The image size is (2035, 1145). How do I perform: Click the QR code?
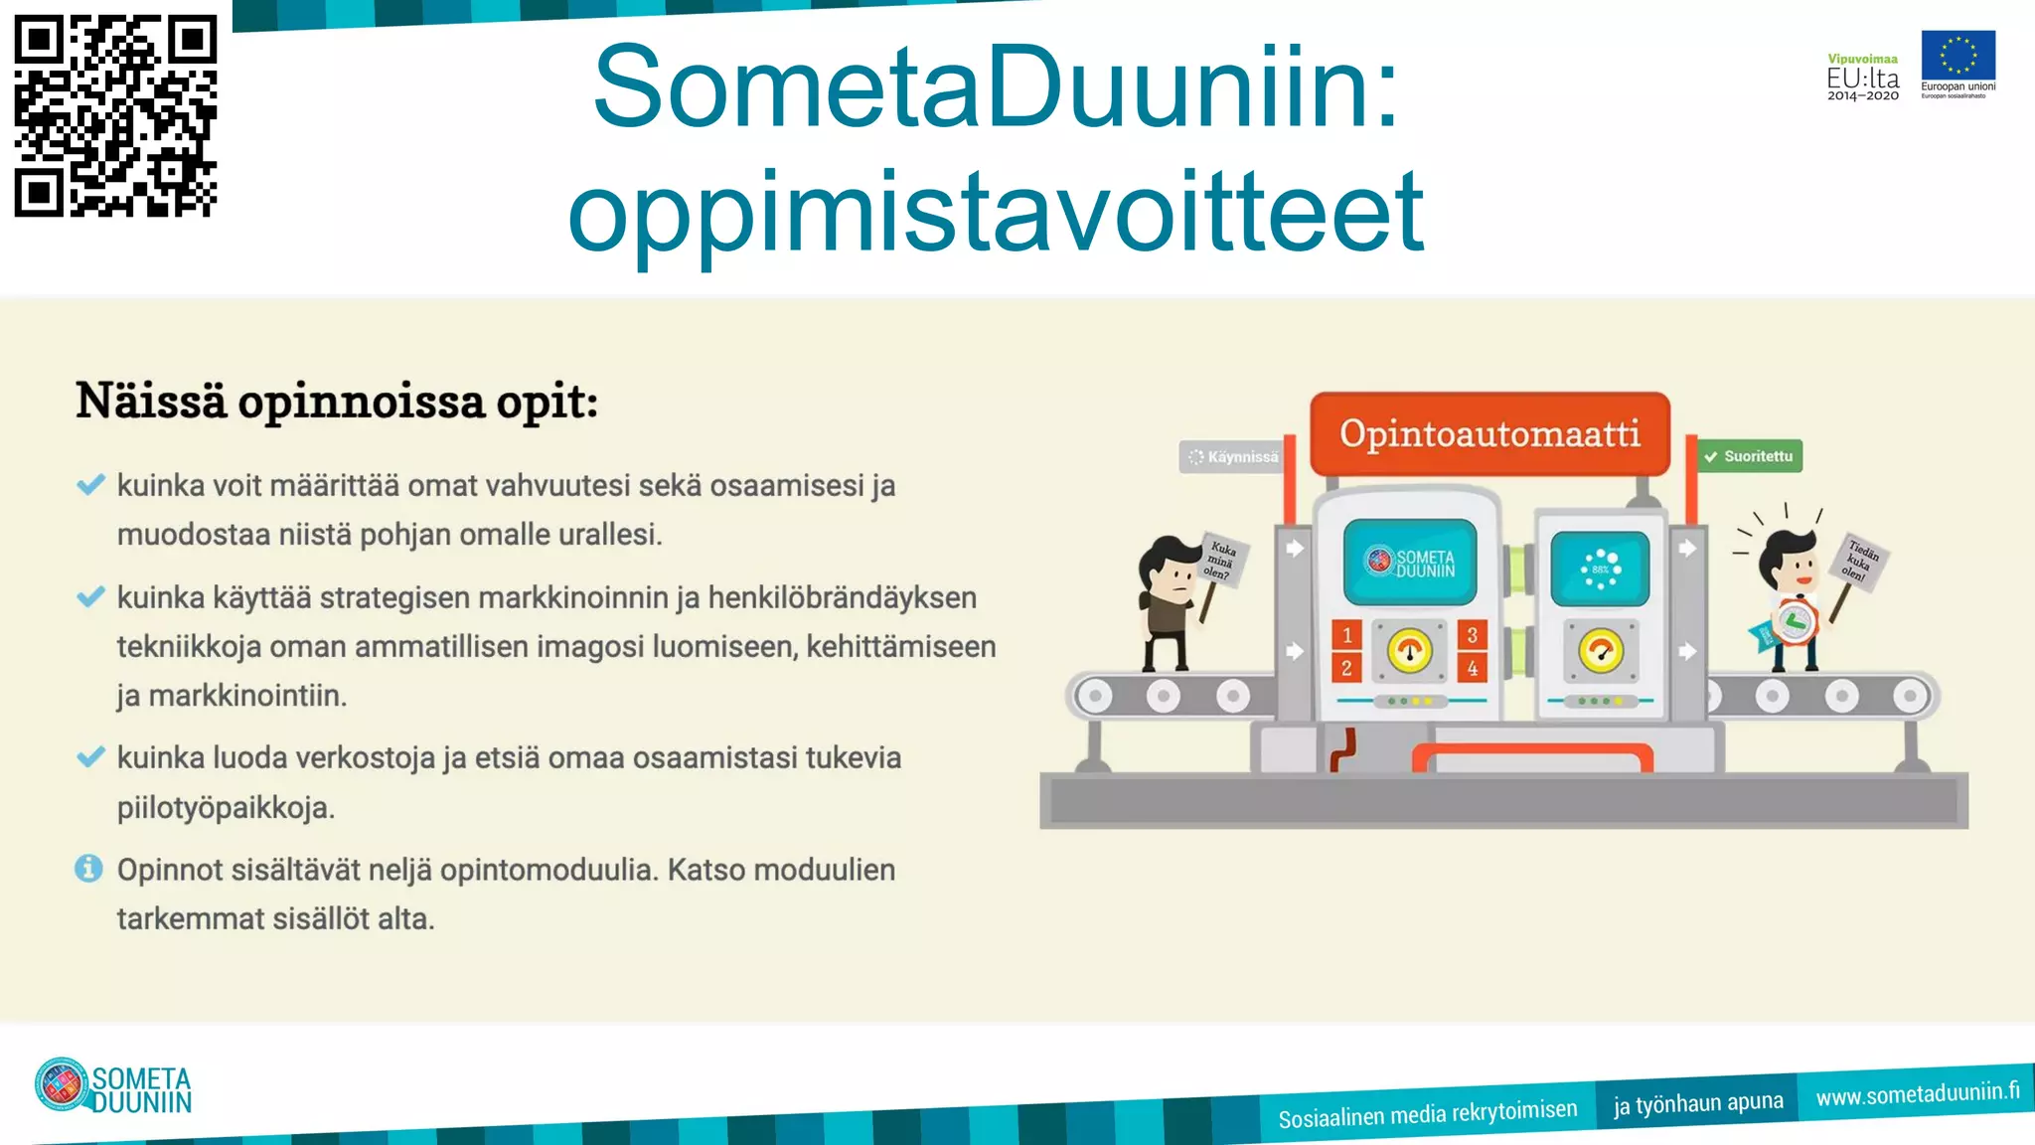click(115, 115)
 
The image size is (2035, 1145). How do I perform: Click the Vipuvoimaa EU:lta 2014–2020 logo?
click(1862, 78)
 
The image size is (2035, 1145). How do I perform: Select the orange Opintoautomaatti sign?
click(1489, 434)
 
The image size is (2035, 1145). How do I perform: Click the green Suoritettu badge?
click(1749, 456)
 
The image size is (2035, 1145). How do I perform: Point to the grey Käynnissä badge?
click(1233, 457)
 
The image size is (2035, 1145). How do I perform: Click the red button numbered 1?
click(1346, 634)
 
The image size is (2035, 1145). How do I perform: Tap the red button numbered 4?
click(1472, 668)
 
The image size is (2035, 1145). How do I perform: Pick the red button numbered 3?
click(1472, 634)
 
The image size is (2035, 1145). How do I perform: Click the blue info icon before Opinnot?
click(88, 869)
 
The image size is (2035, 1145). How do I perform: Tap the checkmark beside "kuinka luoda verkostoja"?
click(90, 757)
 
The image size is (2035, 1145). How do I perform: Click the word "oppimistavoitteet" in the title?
click(996, 212)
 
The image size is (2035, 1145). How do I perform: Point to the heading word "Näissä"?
click(151, 402)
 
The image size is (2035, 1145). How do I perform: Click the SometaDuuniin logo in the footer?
click(112, 1085)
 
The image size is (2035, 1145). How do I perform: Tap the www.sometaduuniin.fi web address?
click(1917, 1093)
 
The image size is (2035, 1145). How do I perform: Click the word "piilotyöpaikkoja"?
click(226, 807)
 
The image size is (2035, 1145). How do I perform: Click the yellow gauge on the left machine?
click(1409, 651)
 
